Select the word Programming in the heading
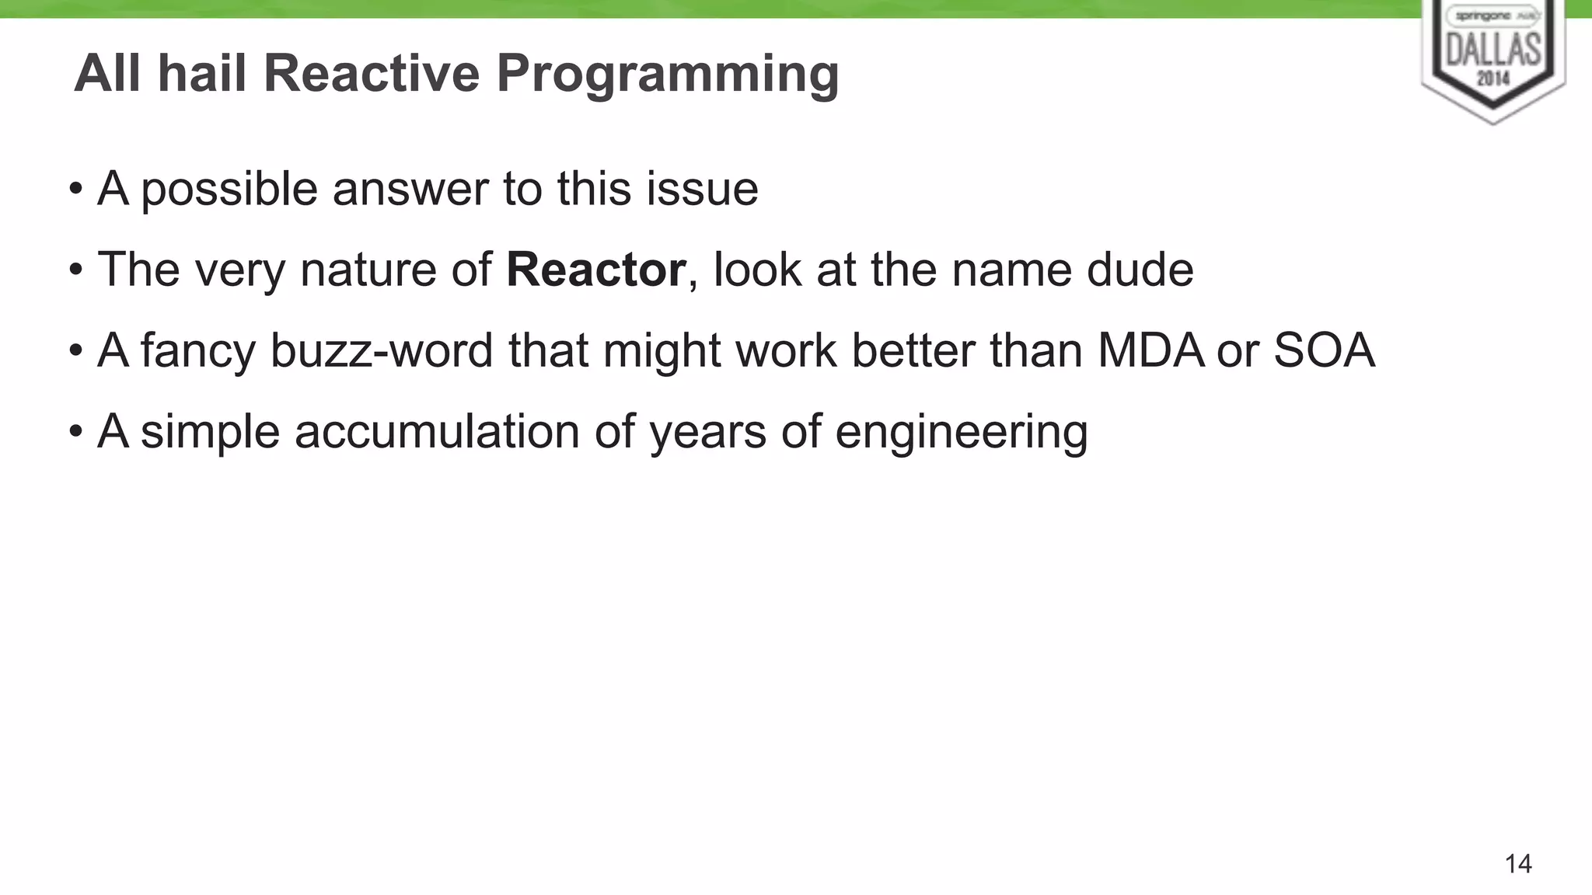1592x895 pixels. (668, 75)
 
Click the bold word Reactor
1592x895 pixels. (595, 270)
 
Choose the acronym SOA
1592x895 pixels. (1325, 350)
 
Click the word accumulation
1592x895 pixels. (437, 431)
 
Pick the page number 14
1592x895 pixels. (1518, 864)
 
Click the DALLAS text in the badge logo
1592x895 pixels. (1493, 50)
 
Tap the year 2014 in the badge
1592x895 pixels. (1493, 78)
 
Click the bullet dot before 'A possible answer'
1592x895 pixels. (75, 189)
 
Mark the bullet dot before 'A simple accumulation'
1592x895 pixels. (75, 431)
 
